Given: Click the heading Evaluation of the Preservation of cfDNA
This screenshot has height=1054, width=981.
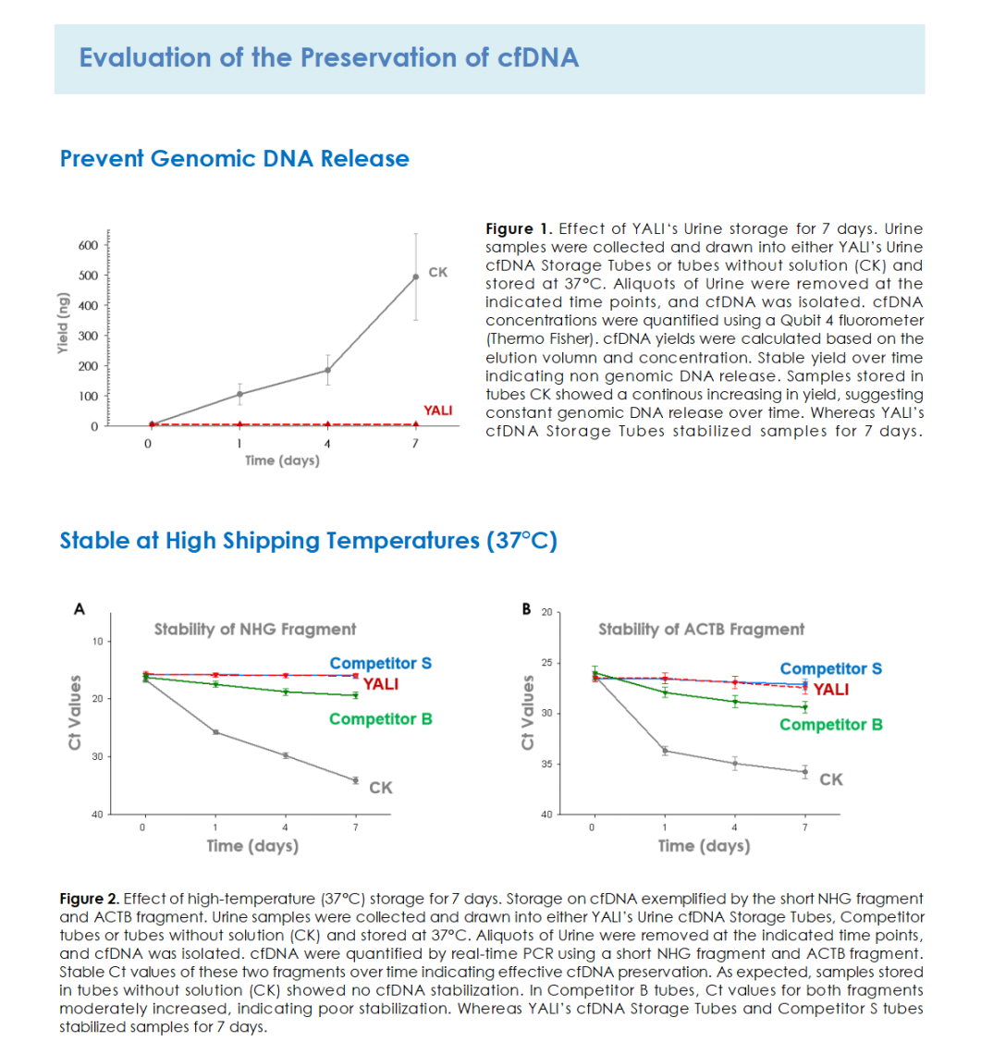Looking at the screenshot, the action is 329,58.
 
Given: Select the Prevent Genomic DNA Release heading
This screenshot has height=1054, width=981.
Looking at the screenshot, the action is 235,159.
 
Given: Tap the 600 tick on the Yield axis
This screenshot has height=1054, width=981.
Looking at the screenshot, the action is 88,245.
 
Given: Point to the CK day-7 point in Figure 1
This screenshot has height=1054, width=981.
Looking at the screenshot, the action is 415,276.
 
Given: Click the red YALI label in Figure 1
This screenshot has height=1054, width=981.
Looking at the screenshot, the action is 437,411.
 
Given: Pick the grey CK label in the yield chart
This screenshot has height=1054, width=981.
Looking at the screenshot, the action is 437,272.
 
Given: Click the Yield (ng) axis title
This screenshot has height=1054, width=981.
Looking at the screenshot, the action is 63,323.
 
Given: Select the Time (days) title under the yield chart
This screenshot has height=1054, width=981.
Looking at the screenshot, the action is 282,460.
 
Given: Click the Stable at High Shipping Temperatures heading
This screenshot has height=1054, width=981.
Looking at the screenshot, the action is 309,541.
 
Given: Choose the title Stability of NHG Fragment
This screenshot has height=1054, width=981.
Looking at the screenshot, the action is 255,630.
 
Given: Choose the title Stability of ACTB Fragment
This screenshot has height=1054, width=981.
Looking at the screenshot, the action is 701,630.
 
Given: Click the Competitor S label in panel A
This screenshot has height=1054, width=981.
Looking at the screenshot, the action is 381,664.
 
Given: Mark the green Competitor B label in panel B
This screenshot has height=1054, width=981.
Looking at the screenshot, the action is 831,725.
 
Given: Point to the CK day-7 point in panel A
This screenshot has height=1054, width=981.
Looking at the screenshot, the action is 356,780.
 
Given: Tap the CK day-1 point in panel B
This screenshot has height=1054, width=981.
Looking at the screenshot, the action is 665,751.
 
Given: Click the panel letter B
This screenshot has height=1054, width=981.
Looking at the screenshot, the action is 526,609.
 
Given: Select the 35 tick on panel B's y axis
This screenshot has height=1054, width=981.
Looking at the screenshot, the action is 546,765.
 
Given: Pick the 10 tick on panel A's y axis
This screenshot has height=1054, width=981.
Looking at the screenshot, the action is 98,642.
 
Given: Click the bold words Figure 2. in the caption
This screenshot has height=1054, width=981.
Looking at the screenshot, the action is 90,899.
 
